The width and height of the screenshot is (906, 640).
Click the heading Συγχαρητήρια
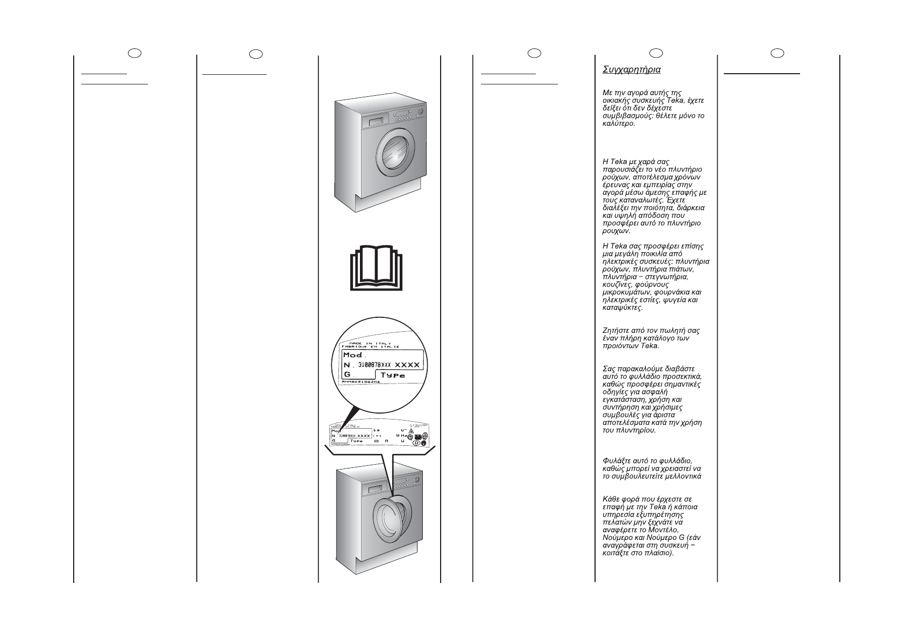click(x=632, y=70)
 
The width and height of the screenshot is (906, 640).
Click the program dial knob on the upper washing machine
click(x=420, y=112)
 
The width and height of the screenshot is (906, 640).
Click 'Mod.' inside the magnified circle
click(x=353, y=355)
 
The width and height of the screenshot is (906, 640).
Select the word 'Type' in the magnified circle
click(x=393, y=374)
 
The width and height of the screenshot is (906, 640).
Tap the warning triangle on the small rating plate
click(x=410, y=431)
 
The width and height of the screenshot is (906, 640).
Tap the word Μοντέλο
click(x=679, y=530)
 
